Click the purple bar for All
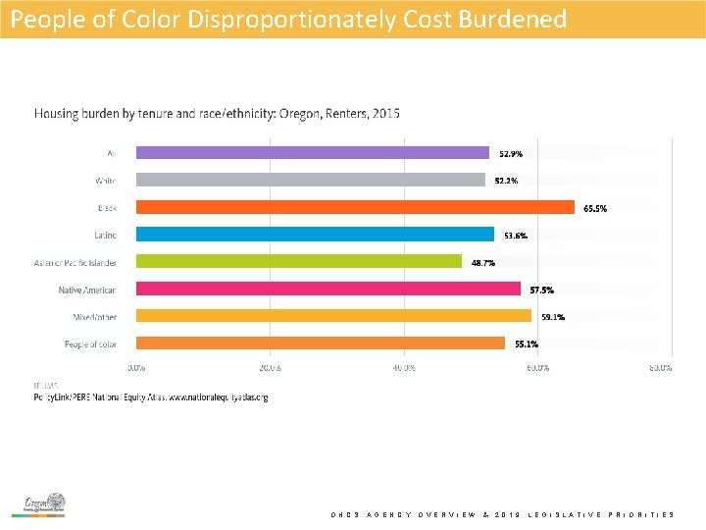click(312, 152)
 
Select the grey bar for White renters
click(310, 180)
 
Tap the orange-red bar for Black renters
click(355, 207)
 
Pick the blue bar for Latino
click(315, 235)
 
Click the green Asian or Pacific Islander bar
click(298, 261)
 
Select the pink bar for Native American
click(328, 289)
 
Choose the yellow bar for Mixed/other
click(333, 316)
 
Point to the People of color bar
click(320, 344)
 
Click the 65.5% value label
click(595, 208)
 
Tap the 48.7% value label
click(483, 263)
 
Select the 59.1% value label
click(553, 317)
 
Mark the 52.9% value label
click(511, 154)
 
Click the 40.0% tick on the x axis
click(403, 368)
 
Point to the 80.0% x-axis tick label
click(661, 368)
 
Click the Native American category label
click(87, 290)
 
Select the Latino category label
click(105, 236)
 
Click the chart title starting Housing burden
click(217, 114)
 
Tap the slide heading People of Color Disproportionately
click(288, 19)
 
